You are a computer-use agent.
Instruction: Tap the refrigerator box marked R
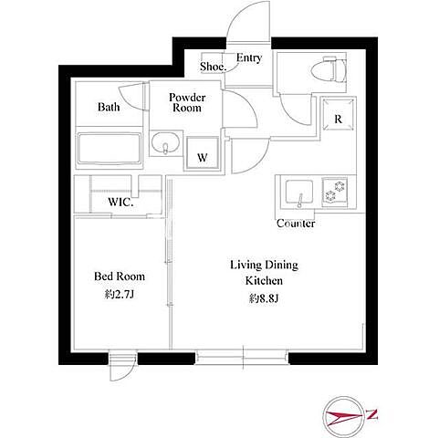click(x=339, y=114)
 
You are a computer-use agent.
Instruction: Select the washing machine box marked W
click(x=203, y=153)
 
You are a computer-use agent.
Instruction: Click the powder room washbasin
click(x=165, y=142)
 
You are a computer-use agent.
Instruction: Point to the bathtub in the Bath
click(x=110, y=148)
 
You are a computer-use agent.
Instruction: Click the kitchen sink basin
click(x=299, y=193)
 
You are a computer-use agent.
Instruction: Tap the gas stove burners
click(x=334, y=192)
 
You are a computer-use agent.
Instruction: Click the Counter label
click(x=296, y=224)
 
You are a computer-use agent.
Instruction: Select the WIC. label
click(x=120, y=202)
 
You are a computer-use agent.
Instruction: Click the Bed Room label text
click(x=120, y=276)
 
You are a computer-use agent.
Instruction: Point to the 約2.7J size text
click(x=120, y=294)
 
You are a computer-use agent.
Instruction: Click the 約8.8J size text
click(x=264, y=298)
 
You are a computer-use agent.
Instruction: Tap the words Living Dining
click(x=264, y=265)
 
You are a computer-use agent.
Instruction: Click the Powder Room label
click(x=187, y=102)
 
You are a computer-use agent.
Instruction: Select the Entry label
click(x=249, y=57)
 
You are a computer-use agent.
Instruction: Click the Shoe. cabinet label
click(x=213, y=67)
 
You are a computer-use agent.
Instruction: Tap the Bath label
click(x=109, y=107)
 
